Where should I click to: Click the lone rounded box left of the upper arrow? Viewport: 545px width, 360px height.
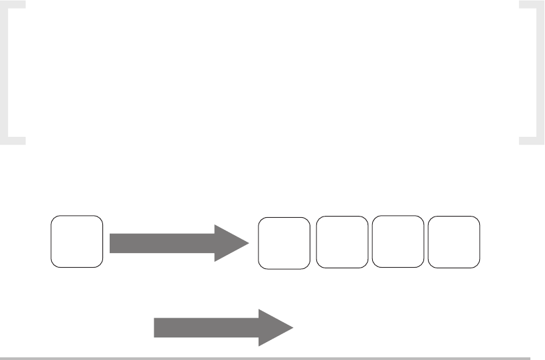click(x=78, y=241)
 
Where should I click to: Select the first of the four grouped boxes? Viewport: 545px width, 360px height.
click(x=284, y=243)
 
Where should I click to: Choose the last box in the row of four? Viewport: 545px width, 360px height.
click(x=455, y=242)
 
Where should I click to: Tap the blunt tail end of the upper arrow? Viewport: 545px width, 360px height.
click(x=112, y=242)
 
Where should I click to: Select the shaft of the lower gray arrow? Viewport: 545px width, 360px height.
click(x=206, y=327)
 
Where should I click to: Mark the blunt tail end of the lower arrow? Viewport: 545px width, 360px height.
click(x=157, y=327)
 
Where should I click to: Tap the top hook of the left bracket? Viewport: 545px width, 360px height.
click(x=16, y=5)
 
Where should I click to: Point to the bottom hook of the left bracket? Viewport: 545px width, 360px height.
click(x=16, y=140)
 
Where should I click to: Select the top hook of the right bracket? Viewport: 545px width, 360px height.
click(x=528, y=5)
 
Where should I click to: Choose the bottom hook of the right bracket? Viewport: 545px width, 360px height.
click(x=528, y=140)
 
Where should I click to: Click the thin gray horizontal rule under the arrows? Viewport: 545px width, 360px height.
click(x=266, y=358)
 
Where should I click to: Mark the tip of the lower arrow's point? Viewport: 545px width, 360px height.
click(x=293, y=327)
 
